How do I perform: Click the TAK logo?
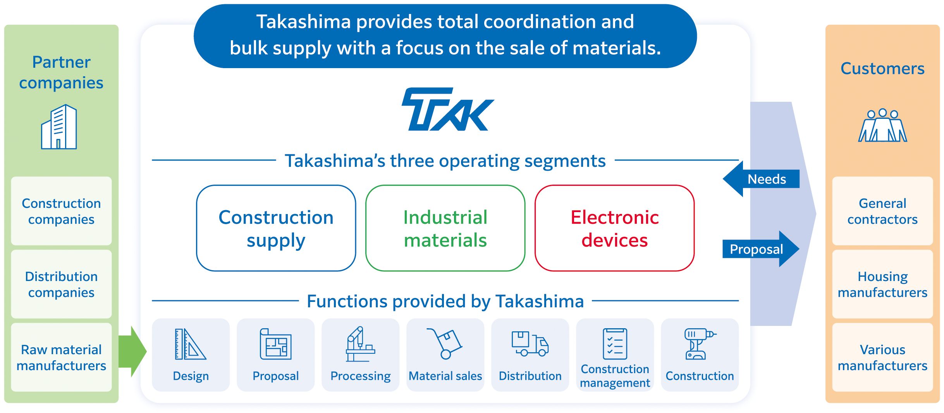pos(447,109)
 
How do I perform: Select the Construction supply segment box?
pos(276,228)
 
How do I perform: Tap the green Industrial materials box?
pos(445,228)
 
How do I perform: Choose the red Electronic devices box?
pos(614,228)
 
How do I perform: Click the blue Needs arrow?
pos(761,179)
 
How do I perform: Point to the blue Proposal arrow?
pos(761,249)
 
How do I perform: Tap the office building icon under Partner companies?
pos(59,127)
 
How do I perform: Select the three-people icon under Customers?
pos(882,125)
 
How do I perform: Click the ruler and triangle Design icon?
pos(190,344)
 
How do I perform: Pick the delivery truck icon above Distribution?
pos(530,343)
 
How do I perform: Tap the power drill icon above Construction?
pos(700,344)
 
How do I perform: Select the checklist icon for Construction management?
pos(615,344)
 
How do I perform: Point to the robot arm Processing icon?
pos(360,344)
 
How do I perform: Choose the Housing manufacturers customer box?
pos(882,284)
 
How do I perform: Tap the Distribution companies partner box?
pos(61,284)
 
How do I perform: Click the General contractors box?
pos(882,211)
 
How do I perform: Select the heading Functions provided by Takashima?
pos(445,301)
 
